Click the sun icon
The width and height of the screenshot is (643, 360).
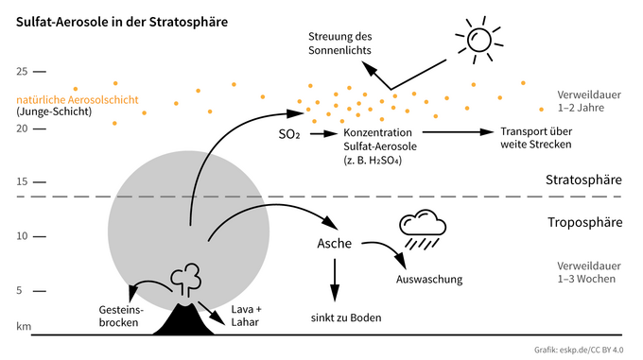tap(478, 39)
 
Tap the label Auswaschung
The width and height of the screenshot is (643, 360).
tap(427, 280)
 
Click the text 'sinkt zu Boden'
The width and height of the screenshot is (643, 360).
tap(345, 317)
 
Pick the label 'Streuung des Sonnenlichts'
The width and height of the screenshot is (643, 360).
tap(339, 43)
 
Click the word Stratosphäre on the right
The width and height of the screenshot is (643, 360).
tap(583, 180)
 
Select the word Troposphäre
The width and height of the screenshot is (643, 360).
tap(584, 223)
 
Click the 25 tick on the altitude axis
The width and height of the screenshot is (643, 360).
tap(24, 72)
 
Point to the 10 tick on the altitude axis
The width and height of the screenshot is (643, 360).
tap(24, 236)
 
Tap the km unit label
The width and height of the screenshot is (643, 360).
tap(24, 325)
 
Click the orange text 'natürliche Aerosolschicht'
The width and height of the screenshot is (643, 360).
tap(78, 99)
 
